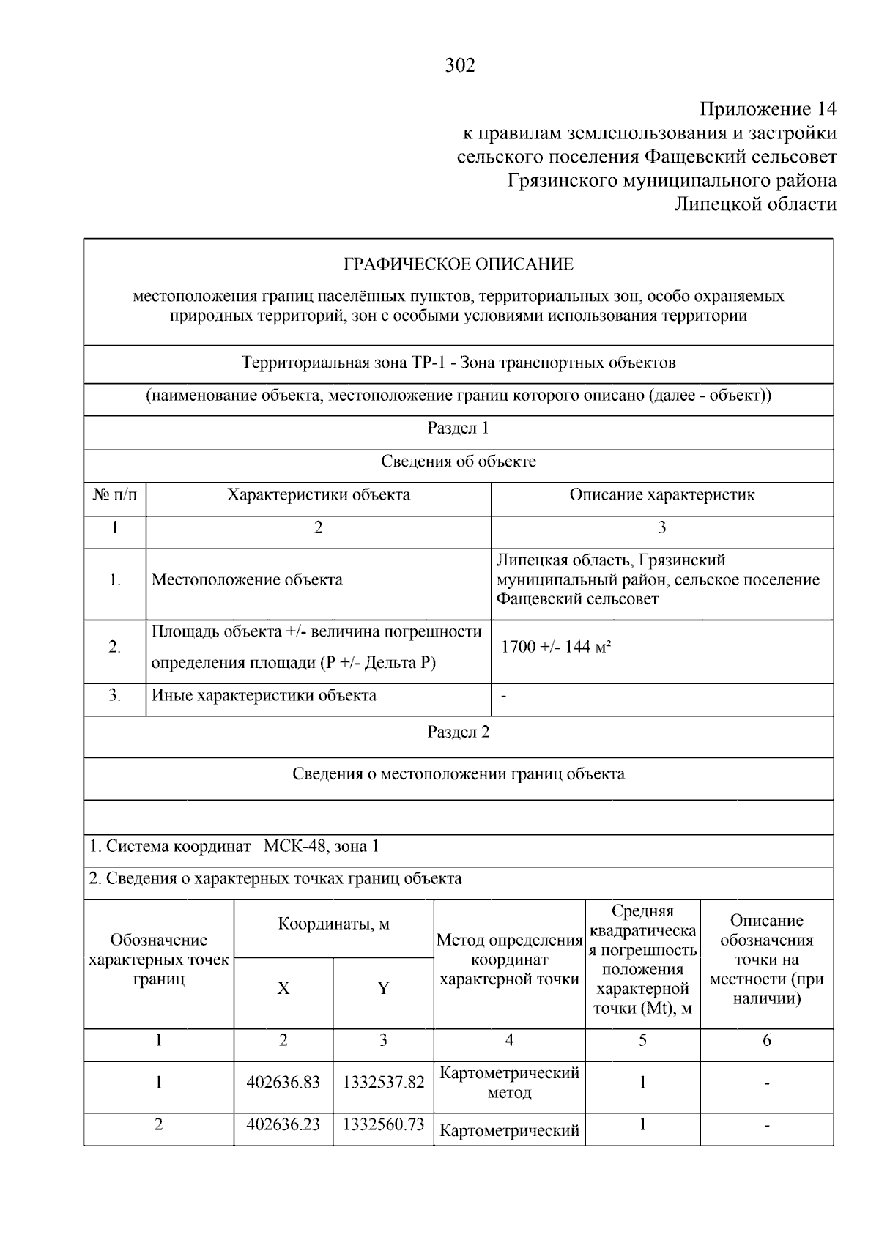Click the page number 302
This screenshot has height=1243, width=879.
(460, 66)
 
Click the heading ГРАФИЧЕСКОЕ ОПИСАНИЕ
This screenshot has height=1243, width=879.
(459, 264)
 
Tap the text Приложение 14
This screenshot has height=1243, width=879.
(767, 109)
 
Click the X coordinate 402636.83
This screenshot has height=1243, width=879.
(283, 1083)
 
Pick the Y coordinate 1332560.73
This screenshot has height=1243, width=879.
(383, 1124)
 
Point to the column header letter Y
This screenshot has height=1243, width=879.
(383, 989)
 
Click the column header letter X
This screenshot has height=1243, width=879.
(283, 989)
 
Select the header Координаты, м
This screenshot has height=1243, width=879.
(333, 924)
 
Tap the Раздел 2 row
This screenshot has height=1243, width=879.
(459, 732)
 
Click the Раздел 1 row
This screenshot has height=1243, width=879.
(459, 428)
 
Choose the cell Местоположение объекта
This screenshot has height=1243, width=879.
(247, 580)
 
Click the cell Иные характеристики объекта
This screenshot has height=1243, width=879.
(264, 695)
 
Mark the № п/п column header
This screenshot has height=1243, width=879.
(114, 495)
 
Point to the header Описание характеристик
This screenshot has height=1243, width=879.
(661, 495)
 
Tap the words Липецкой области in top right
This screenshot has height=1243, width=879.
(754, 204)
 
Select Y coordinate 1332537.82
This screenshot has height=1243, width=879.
(383, 1083)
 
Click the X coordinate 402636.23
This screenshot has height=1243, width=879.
(283, 1124)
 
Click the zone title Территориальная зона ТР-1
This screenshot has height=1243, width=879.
(344, 363)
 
